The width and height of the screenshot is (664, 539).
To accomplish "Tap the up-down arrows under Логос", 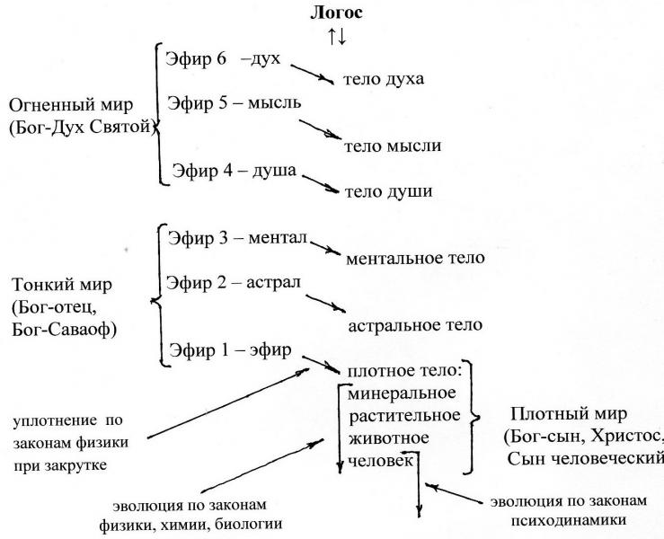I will tap(337, 38).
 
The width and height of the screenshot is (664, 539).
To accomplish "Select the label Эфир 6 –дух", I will tap(224, 57).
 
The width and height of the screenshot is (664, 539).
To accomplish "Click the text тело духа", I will tap(383, 80).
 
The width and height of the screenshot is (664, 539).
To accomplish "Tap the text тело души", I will tap(388, 191).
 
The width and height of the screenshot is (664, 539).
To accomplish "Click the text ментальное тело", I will tap(415, 259).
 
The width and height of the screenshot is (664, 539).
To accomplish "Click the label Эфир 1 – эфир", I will tap(229, 349).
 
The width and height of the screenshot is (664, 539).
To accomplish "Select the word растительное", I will tap(404, 416).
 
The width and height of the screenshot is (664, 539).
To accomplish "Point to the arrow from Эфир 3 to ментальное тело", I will tap(324, 247).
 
